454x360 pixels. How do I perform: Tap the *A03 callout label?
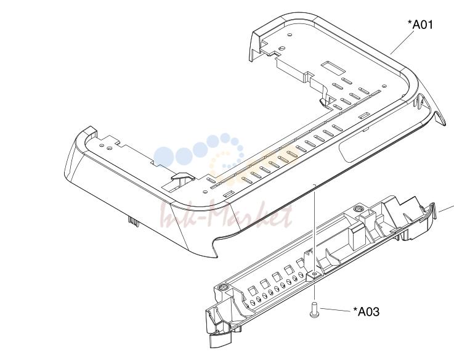point(366,311)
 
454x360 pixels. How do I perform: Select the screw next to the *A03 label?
point(314,309)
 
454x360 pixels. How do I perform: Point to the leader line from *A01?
point(402,42)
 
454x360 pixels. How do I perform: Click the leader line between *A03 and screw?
point(336,310)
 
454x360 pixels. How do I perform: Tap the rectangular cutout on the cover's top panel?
point(333,67)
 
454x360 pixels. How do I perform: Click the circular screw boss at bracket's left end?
point(222,287)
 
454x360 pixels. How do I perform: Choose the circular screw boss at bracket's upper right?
point(359,208)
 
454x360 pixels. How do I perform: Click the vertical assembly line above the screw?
point(314,229)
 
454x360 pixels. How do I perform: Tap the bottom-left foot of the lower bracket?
point(220,340)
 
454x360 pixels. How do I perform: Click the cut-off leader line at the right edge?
point(446,209)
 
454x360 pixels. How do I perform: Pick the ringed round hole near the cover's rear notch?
point(282,48)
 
